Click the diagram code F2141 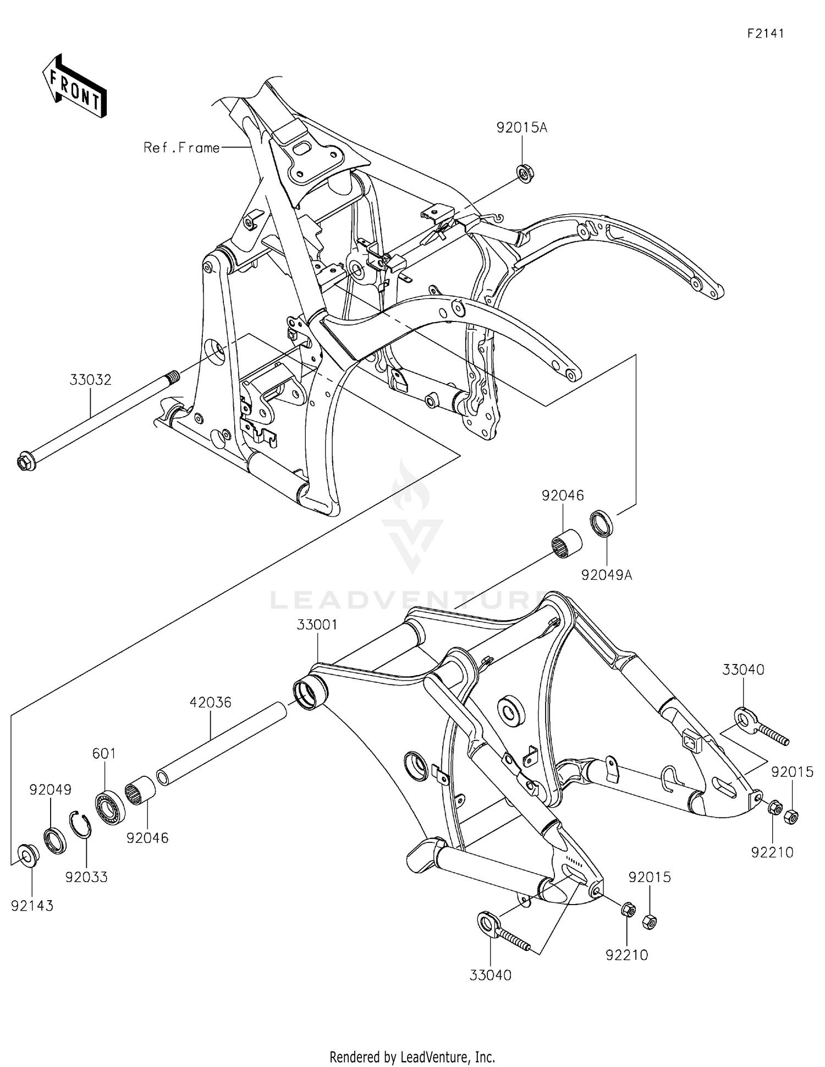[765, 33]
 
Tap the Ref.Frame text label [182, 148]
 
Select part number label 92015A [521, 128]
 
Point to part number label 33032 [90, 380]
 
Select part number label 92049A [607, 575]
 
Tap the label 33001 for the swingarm [317, 625]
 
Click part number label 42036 [211, 703]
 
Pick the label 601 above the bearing [104, 753]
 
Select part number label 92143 [32, 906]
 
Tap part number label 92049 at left [50, 790]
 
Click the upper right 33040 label [743, 670]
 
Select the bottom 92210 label [627, 955]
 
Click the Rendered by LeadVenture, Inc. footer [412, 1057]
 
